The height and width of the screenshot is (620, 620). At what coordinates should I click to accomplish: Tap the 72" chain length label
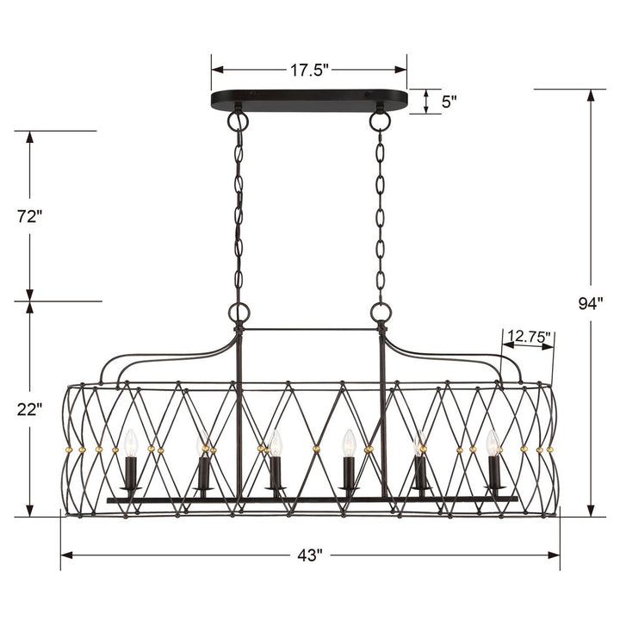pyautogui.click(x=28, y=217)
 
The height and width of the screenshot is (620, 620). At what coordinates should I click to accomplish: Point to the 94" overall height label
pyautogui.click(x=591, y=302)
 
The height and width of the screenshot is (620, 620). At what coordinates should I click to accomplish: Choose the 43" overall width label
pyautogui.click(x=310, y=555)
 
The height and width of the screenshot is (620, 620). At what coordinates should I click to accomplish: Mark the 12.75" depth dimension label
pyautogui.click(x=529, y=337)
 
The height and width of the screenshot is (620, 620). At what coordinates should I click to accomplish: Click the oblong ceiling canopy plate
pyautogui.click(x=310, y=100)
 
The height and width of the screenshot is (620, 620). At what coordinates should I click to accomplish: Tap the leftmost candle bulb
pyautogui.click(x=131, y=443)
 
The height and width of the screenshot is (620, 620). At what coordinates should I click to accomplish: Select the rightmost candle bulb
pyautogui.click(x=493, y=443)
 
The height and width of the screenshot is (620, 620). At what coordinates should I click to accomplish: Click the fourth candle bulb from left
pyautogui.click(x=349, y=443)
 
